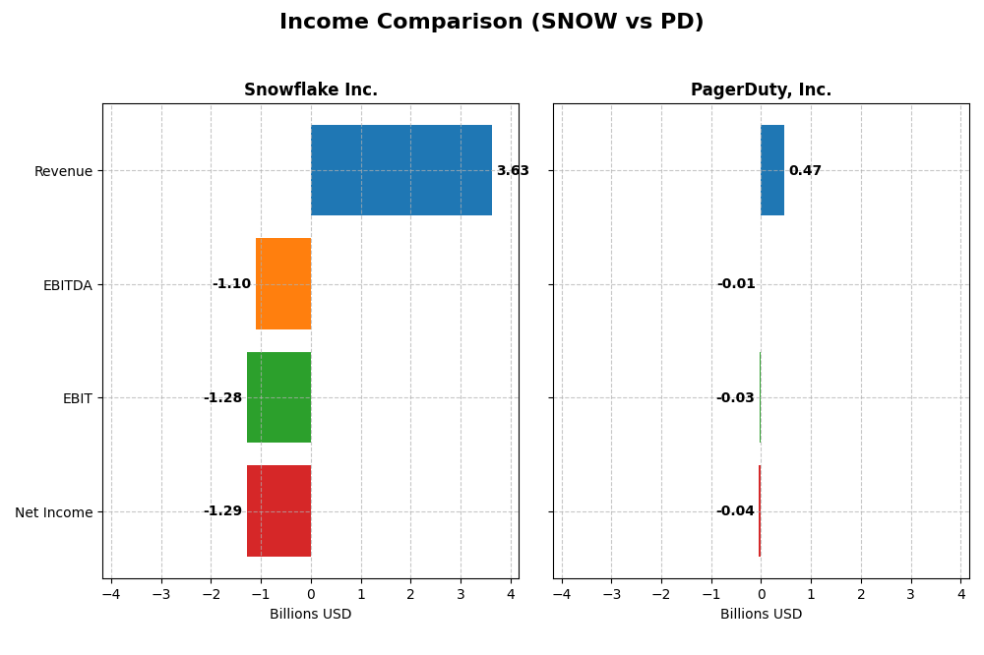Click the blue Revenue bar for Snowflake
point(401,170)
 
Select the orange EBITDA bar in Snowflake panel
point(283,284)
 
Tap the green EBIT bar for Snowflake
point(278,397)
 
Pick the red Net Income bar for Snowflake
point(278,511)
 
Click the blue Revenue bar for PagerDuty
point(772,170)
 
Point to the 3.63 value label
point(513,171)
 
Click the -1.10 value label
point(231,284)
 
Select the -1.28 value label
point(222,398)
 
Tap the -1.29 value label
point(222,511)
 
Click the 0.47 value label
point(805,171)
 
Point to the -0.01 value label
point(736,284)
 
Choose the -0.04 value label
point(735,511)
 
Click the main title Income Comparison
point(491,22)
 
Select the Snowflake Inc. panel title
point(311,90)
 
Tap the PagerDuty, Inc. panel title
point(761,90)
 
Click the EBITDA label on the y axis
point(68,285)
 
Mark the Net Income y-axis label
point(54,512)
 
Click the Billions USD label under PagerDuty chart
point(761,615)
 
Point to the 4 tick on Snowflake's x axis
point(511,594)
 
